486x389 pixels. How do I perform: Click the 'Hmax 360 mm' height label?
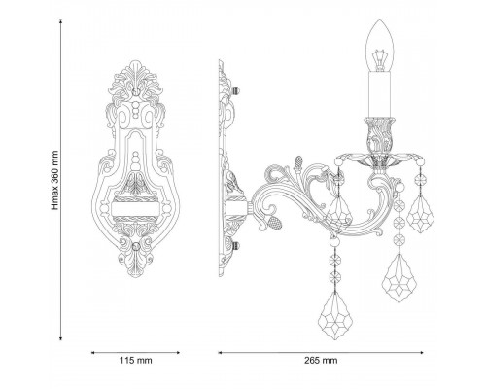coord(55,180)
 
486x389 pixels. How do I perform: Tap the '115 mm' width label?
coord(136,360)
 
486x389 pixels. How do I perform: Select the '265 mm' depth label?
coord(321,360)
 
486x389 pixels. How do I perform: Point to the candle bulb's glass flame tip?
coord(379,20)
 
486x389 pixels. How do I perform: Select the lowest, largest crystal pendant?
coord(335,316)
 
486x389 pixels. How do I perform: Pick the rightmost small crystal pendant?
coord(420,214)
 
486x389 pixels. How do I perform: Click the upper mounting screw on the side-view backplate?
coord(236,90)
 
